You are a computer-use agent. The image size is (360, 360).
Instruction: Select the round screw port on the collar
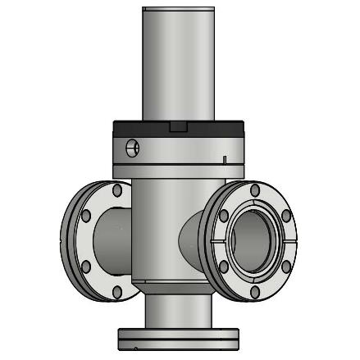pyautogui.click(x=133, y=148)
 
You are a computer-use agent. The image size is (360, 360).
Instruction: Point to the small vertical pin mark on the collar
pyautogui.click(x=224, y=157)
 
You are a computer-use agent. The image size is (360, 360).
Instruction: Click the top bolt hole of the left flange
pyautogui.click(x=117, y=190)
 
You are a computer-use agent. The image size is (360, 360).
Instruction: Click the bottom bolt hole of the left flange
pyautogui.click(x=117, y=293)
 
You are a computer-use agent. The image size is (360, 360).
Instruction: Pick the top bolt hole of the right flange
pyautogui.click(x=256, y=190)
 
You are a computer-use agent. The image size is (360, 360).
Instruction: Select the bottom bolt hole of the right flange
pyautogui.click(x=256, y=292)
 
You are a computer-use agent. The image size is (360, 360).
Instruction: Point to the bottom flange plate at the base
pyautogui.click(x=179, y=336)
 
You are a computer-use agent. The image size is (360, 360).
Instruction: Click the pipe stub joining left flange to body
pyautogui.click(x=111, y=238)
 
